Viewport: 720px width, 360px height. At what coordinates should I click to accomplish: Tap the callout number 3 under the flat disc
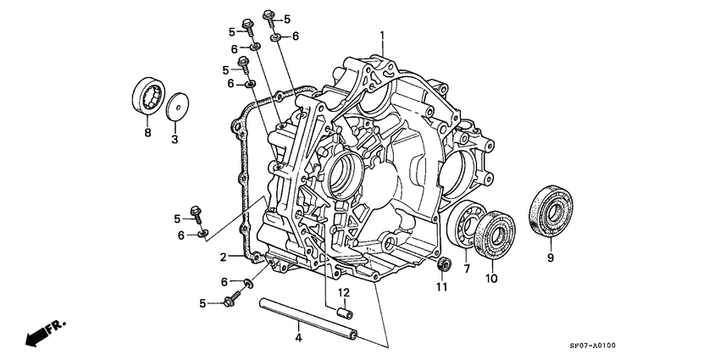174,139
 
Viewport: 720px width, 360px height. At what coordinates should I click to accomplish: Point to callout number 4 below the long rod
298,339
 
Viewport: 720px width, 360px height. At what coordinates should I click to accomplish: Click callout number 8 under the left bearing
147,133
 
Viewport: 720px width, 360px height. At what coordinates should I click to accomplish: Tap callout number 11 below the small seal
441,287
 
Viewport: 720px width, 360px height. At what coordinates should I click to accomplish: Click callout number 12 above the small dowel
344,292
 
